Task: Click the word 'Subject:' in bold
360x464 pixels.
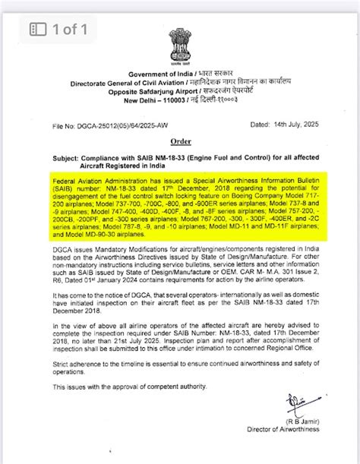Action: point(68,157)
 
